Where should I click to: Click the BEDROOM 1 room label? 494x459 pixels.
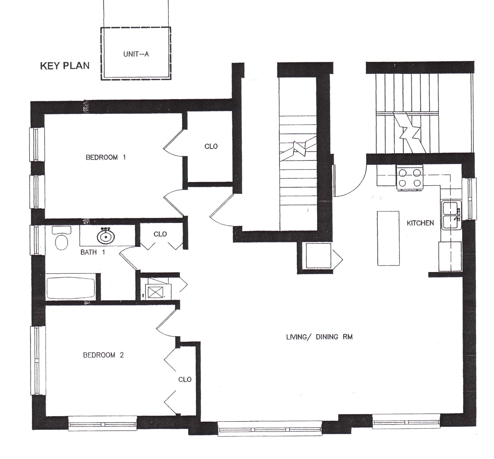coord(106,157)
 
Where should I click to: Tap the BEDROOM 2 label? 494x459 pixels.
coord(103,355)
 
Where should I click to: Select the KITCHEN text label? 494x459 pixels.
coord(420,223)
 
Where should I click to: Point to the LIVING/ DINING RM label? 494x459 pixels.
coord(319,337)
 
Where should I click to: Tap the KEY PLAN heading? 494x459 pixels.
coord(65,66)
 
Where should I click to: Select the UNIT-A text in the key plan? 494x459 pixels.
coord(136,54)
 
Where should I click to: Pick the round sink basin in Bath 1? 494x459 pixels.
coord(106,237)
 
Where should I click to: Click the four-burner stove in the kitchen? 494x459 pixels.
coord(410,178)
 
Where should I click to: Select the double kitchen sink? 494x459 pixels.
coord(450,215)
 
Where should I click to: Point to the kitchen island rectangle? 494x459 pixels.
coord(388,238)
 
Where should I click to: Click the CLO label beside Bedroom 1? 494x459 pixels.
coord(211,146)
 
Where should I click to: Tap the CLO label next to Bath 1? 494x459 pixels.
coord(160,234)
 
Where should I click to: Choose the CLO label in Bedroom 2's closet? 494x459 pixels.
coord(185,379)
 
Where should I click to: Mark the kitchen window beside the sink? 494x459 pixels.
coord(471,199)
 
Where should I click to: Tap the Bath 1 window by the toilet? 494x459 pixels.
coord(36,239)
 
